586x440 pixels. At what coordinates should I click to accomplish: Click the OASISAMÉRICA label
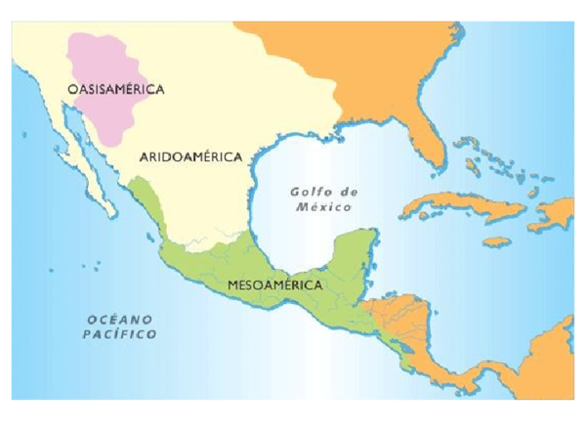tap(115, 89)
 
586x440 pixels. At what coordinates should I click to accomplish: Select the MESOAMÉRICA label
tap(273, 285)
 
